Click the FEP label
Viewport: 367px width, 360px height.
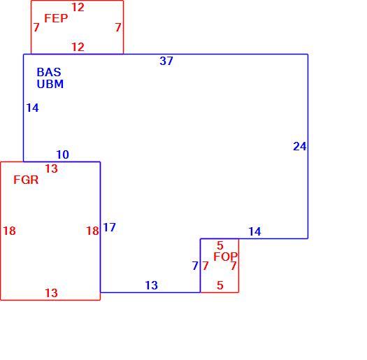point(56,18)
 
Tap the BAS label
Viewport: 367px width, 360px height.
point(49,72)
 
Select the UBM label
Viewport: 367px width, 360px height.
point(50,84)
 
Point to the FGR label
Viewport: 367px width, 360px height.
point(26,180)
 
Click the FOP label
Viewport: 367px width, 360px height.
point(225,257)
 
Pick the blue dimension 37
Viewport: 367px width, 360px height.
point(166,61)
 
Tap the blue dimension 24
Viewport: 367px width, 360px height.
point(300,146)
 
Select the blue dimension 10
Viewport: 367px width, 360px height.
point(63,154)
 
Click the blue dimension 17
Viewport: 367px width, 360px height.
point(110,227)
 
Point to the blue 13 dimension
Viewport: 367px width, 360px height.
point(152,285)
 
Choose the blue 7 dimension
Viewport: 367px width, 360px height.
point(195,266)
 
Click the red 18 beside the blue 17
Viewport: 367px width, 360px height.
point(93,231)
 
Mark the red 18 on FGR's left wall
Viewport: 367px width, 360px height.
point(9,231)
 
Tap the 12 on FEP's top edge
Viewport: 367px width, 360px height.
point(78,7)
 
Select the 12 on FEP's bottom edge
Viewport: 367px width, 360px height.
point(78,47)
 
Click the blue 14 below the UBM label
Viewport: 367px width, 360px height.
point(33,108)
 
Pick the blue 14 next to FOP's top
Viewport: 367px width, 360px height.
point(254,231)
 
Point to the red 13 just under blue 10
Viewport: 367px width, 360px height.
point(51,168)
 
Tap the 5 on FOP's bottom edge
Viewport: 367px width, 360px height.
point(220,285)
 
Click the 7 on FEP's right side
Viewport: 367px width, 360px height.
point(118,27)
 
